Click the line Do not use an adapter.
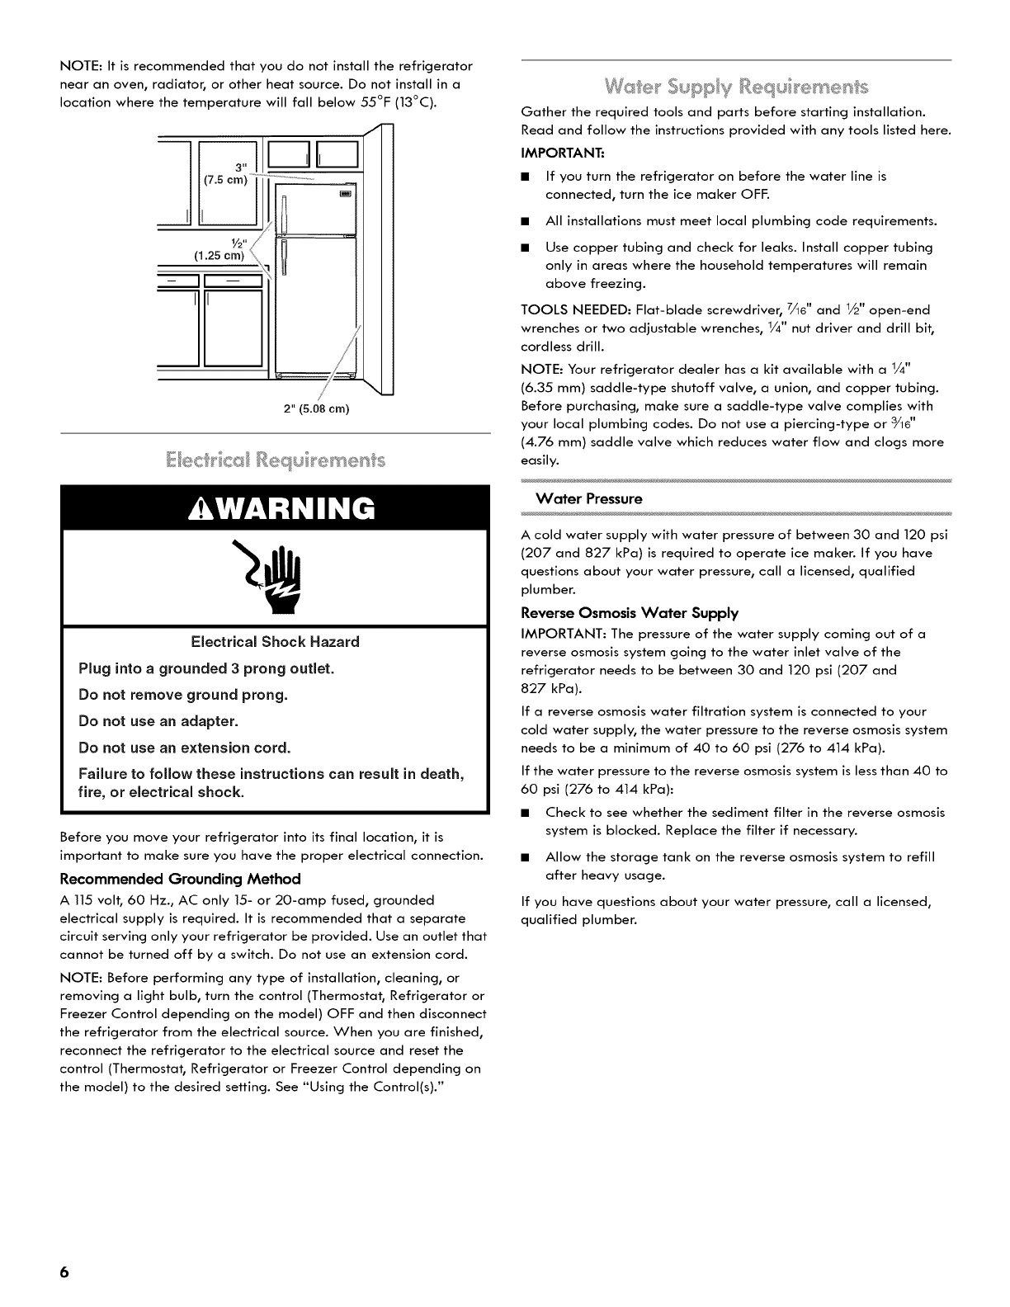tap(158, 721)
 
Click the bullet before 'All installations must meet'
tap(524, 221)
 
